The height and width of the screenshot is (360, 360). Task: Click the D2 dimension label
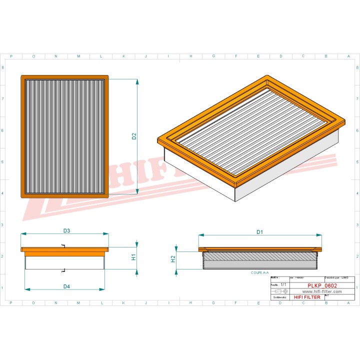click(134, 136)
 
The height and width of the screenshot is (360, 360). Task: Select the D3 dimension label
click(66, 230)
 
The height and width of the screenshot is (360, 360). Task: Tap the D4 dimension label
click(66, 286)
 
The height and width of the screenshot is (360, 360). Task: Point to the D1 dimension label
click(259, 232)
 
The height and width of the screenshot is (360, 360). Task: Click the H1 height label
click(134, 257)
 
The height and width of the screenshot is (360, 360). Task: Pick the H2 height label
click(173, 258)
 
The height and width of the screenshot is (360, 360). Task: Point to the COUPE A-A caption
click(259, 273)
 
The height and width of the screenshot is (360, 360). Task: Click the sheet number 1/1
click(283, 284)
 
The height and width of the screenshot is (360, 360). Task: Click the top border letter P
click(11, 56)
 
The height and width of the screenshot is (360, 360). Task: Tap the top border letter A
click(348, 56)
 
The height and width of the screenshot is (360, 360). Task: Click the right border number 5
click(356, 162)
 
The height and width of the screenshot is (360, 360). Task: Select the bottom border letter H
click(191, 302)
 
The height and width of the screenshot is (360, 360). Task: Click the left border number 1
click(4, 287)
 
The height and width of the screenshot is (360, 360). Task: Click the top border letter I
click(168, 56)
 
